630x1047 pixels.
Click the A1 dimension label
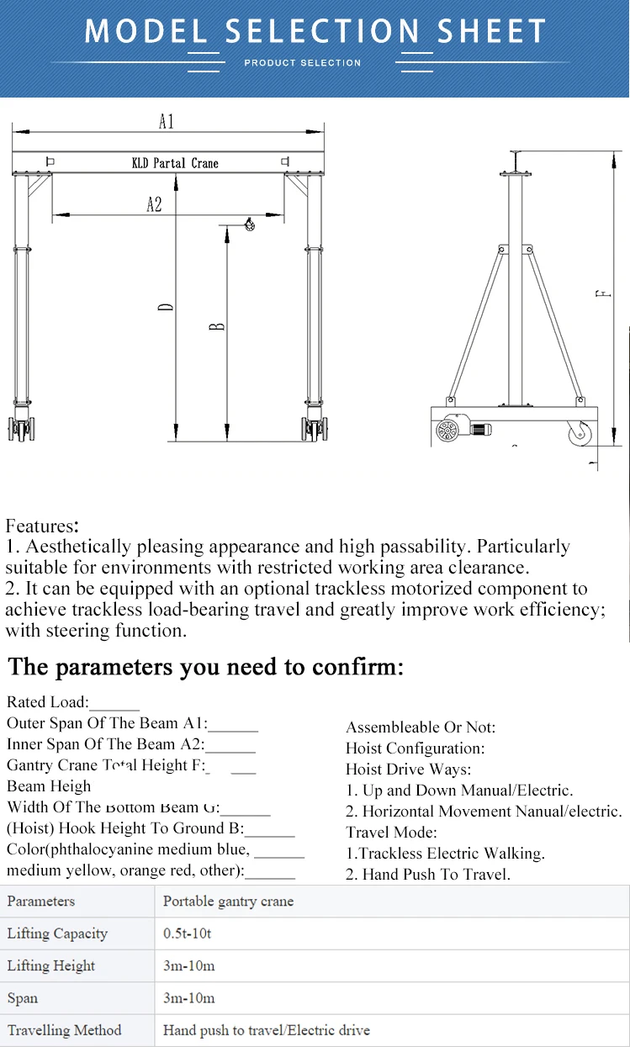click(167, 122)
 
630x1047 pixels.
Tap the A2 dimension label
click(154, 204)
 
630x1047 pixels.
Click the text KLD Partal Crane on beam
click(175, 163)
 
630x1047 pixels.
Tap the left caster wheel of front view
click(21, 431)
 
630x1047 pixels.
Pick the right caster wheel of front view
click(314, 431)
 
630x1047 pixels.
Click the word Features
click(42, 526)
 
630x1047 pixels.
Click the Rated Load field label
click(47, 702)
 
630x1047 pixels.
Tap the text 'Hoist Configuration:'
click(415, 748)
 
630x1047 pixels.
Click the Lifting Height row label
click(51, 966)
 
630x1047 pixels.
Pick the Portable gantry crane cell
click(228, 902)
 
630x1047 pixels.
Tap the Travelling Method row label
click(64, 1030)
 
